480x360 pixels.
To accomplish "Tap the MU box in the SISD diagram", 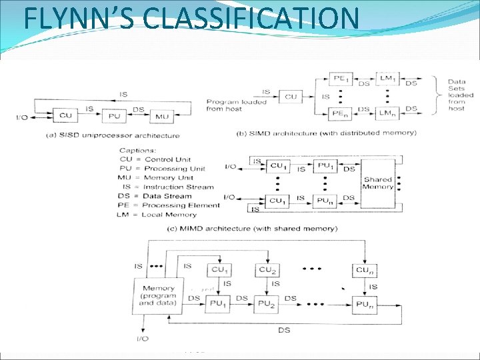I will (x=161, y=116).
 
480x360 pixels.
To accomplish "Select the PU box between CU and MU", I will (x=114, y=116).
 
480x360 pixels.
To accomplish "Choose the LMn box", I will (x=387, y=115).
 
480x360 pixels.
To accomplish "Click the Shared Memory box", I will (x=377, y=183).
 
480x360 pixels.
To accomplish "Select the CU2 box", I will (x=267, y=270).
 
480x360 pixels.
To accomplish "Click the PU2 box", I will (x=267, y=304).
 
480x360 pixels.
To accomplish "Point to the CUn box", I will (x=365, y=270).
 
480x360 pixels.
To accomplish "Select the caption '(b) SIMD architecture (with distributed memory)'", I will (x=327, y=133).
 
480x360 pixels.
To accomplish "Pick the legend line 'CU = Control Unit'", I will (x=155, y=159).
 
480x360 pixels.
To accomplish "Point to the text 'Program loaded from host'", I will (x=236, y=105).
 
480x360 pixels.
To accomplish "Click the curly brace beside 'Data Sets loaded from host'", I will (x=438, y=95).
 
